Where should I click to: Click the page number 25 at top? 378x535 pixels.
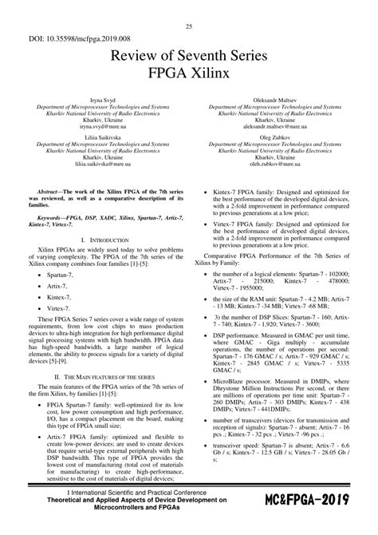point(189,27)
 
